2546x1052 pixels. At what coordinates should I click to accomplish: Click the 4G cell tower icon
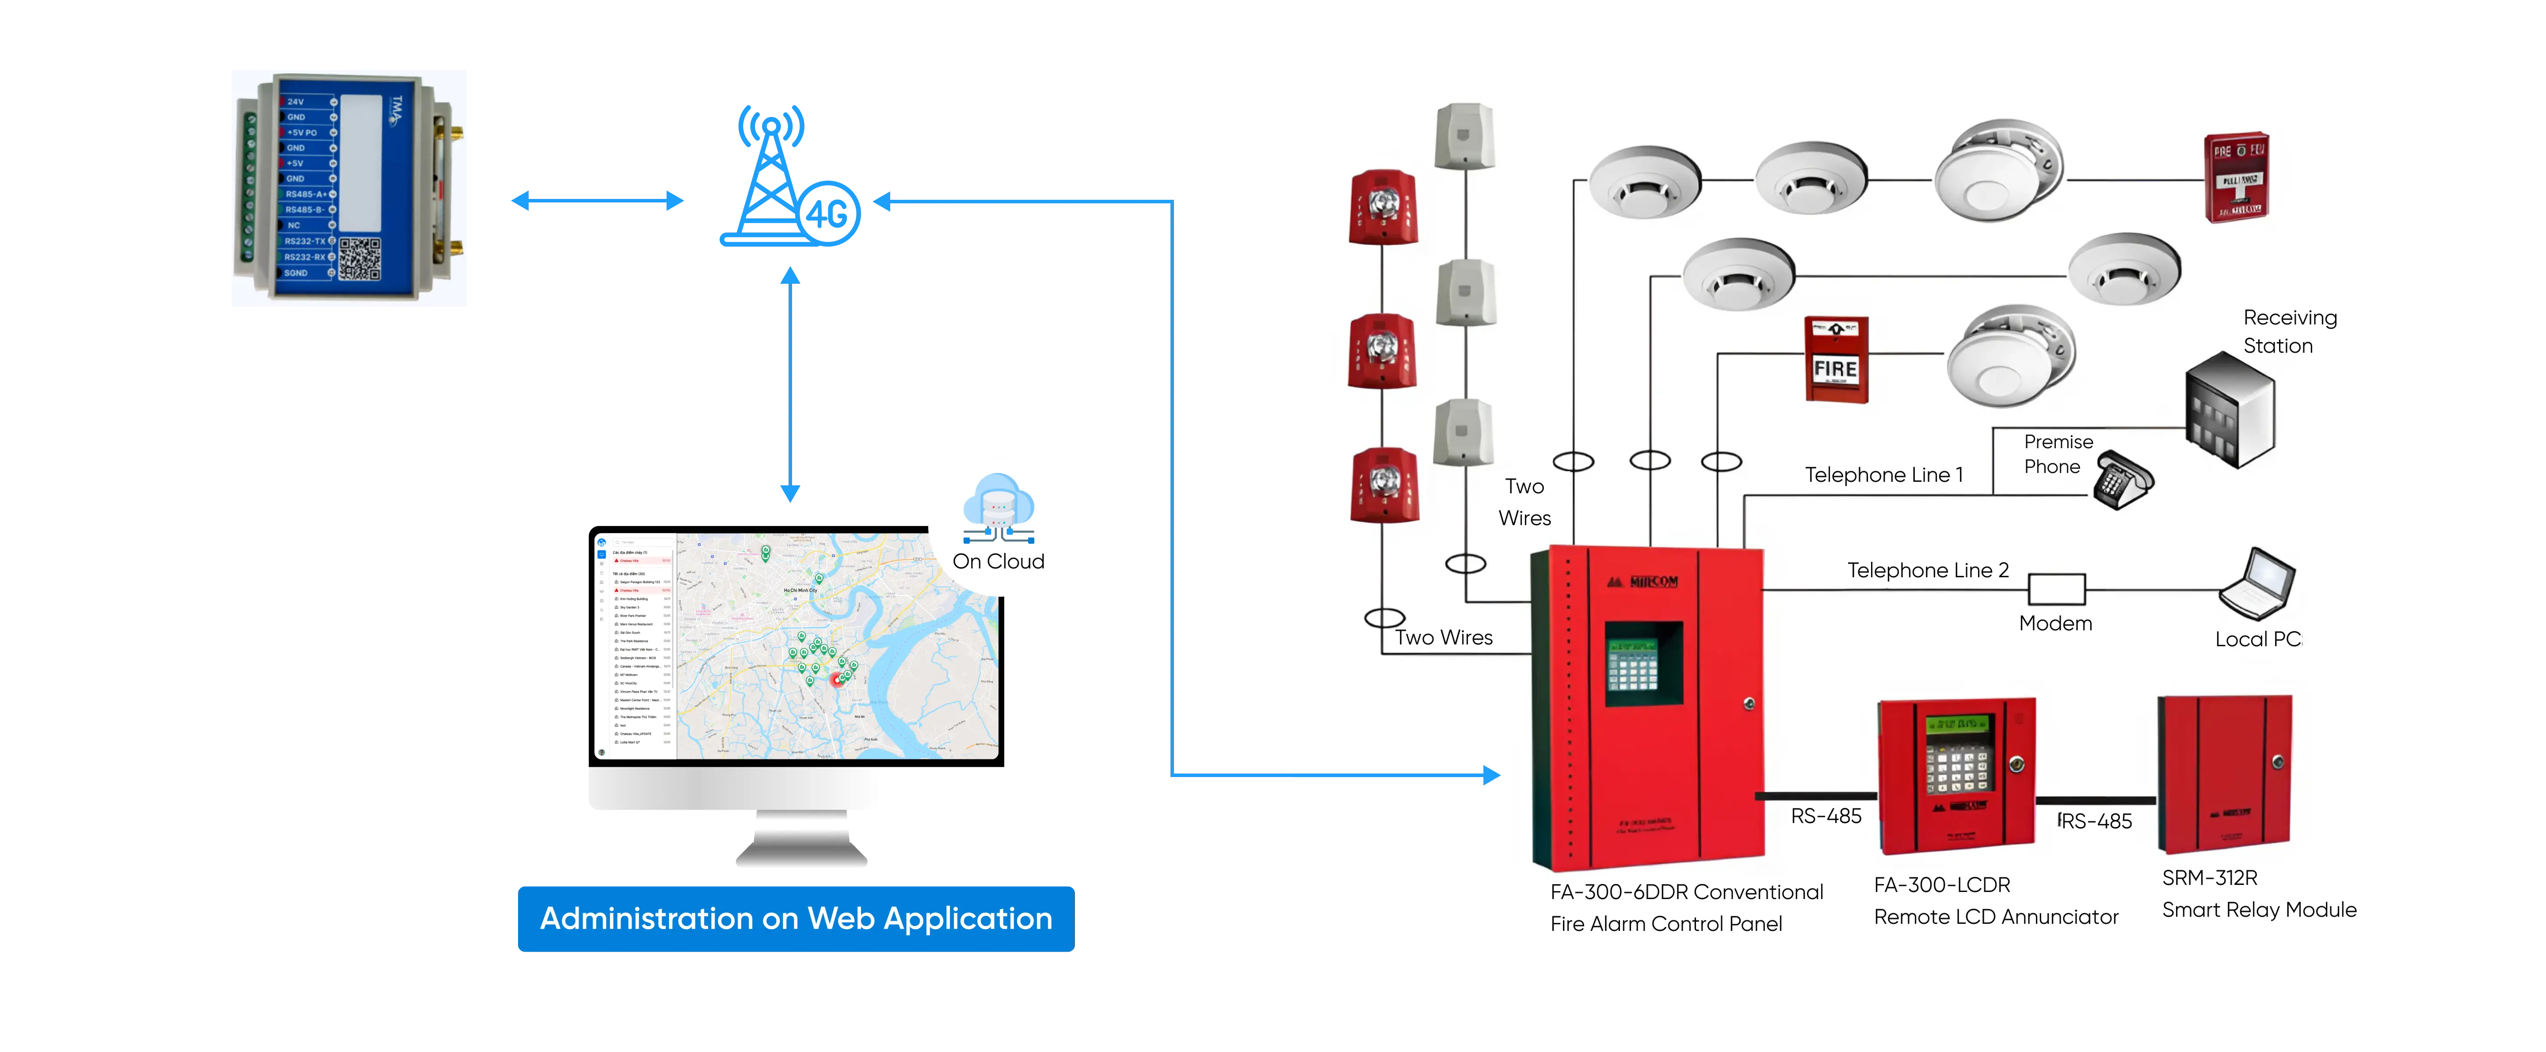coord(786,178)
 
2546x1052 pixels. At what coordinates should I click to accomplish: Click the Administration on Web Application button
coord(796,919)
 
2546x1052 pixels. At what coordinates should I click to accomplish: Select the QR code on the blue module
coord(360,258)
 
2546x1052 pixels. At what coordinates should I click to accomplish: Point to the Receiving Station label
coord(2289,331)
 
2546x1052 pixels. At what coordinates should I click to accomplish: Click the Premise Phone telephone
coord(2123,480)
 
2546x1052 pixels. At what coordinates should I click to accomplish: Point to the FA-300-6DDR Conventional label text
coord(1686,892)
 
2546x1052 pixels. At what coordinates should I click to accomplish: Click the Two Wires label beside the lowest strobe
coord(1444,638)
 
